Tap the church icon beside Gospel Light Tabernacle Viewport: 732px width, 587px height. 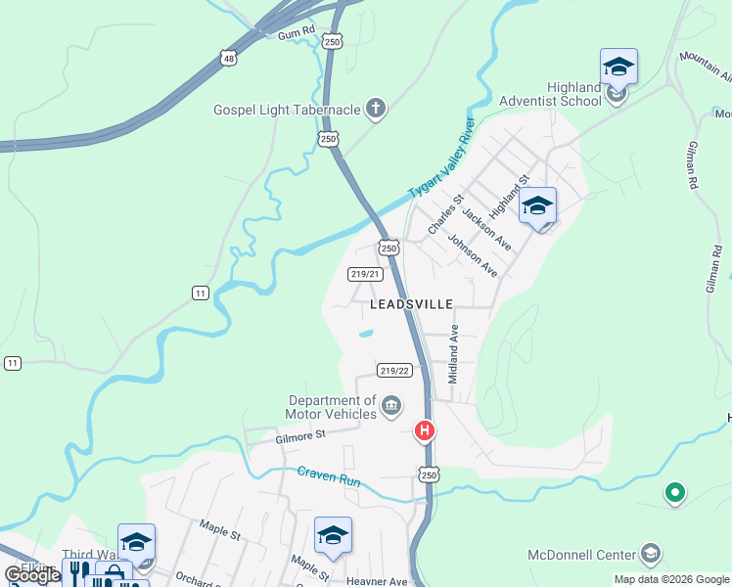[375, 108]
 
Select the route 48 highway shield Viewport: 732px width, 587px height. [229, 59]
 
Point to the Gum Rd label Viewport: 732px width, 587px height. [297, 33]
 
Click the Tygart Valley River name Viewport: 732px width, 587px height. [440, 158]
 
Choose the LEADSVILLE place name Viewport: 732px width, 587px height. [411, 304]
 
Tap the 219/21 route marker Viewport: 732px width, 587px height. [365, 274]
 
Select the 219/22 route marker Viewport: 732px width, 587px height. [393, 371]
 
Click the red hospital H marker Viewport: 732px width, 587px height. [425, 430]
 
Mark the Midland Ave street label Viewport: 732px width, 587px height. [453, 354]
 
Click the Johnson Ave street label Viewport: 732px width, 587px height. [473, 254]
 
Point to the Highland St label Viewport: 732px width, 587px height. [509, 196]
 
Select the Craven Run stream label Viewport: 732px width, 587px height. [329, 479]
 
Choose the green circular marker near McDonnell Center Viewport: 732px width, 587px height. [674, 493]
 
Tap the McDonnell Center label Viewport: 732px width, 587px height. [582, 555]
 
